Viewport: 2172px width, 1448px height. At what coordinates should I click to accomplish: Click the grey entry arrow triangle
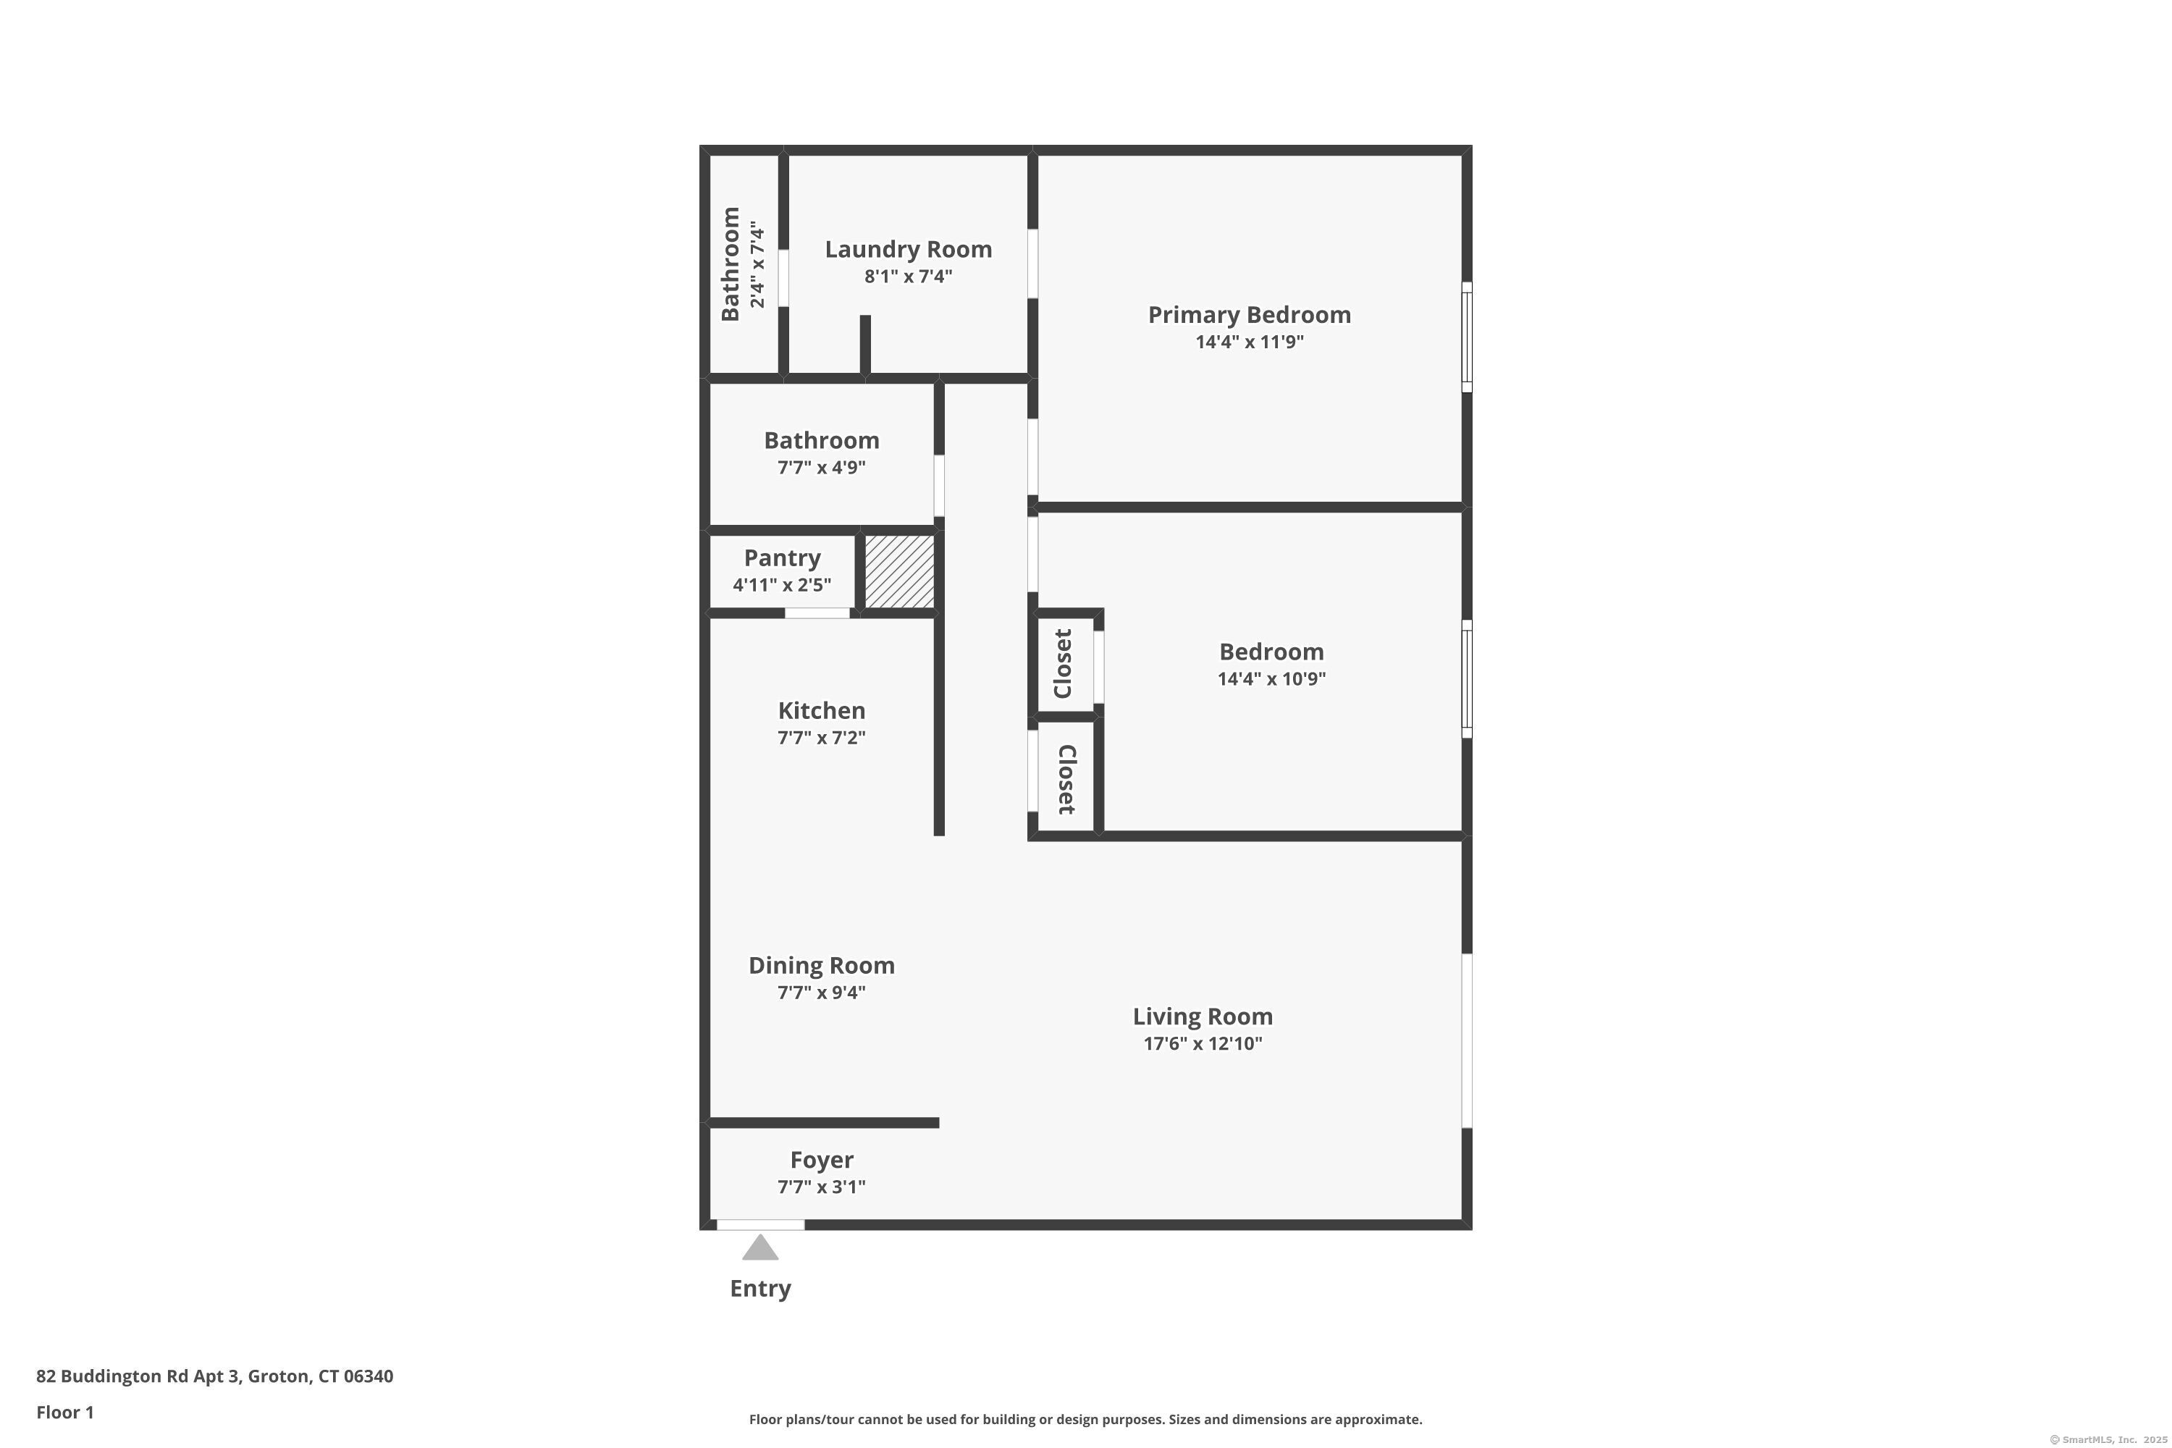coord(760,1248)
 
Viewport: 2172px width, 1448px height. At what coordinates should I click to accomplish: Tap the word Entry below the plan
coord(760,1288)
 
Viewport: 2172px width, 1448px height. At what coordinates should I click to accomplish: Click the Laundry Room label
coord(908,249)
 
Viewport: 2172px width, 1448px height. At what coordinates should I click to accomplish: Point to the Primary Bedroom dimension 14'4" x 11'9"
coord(1248,342)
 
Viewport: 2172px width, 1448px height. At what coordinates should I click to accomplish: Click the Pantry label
coord(782,557)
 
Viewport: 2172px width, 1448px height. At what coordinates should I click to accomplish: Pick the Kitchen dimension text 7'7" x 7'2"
coord(821,738)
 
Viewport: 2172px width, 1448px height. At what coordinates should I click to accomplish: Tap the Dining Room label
coord(821,965)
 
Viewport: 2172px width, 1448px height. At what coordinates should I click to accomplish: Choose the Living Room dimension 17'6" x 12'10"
coord(1203,1043)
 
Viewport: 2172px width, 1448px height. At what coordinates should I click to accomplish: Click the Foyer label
coord(821,1160)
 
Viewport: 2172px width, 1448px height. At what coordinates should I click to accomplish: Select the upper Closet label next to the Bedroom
coord(1063,663)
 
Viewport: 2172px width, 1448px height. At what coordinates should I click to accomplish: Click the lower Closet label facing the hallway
coord(1066,780)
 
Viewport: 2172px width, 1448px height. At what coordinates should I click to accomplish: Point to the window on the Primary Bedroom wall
coord(1467,337)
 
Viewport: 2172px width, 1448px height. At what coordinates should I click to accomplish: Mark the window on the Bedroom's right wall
coord(1467,679)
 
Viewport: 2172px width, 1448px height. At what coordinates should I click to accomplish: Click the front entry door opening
coord(760,1224)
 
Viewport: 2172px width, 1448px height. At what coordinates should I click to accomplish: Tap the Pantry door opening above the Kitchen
coord(817,613)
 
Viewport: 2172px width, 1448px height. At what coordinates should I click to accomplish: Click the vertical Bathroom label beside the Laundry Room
coord(731,264)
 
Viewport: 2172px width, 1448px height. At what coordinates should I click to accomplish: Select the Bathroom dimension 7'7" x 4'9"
coord(821,467)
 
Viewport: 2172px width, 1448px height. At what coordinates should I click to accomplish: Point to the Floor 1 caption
coord(64,1412)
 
